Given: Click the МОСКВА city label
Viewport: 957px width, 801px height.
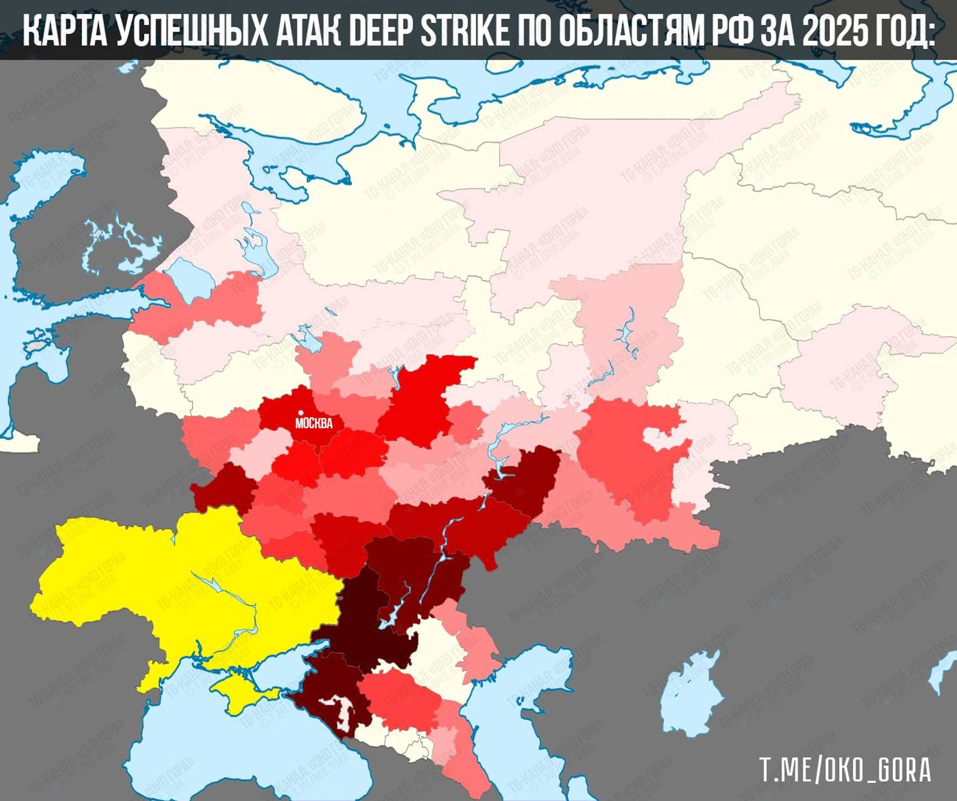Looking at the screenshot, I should pos(314,423).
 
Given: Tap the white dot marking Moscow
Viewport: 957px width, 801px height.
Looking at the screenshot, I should pos(301,412).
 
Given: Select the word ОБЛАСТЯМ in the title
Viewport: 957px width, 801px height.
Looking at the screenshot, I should pos(630,31).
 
